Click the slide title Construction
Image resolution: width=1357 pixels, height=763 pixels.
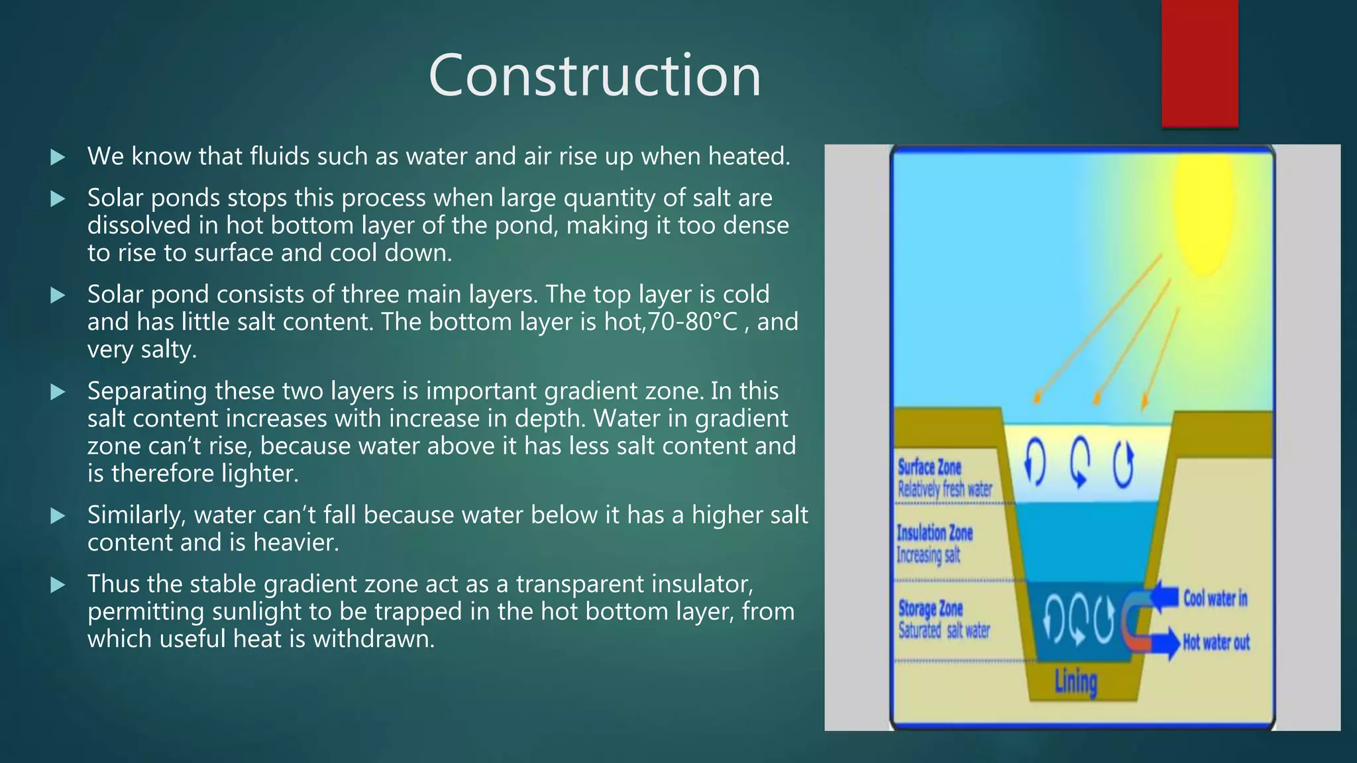594,76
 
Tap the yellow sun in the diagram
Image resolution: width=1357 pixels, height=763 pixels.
1204,212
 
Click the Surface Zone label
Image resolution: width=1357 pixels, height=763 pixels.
929,467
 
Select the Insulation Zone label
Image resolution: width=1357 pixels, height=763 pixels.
934,533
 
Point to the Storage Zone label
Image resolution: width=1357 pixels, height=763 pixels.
930,608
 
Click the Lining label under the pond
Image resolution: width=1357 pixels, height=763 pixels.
1075,682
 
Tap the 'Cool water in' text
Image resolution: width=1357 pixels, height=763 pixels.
1215,599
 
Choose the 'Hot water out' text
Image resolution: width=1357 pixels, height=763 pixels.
1216,642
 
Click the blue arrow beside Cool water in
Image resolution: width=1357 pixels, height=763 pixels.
1164,597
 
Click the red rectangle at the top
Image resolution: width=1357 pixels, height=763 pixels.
1199,63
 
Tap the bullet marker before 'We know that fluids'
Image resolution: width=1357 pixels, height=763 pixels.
58,157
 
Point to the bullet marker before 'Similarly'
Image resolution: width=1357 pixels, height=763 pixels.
58,515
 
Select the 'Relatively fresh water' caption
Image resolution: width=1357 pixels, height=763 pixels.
944,489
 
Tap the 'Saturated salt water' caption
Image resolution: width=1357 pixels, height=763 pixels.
944,631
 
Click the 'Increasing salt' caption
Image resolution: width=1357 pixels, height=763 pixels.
928,554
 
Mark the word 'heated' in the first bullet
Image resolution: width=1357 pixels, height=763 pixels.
748,157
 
